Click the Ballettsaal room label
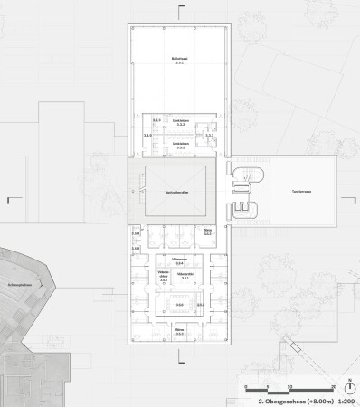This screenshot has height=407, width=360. point(179,58)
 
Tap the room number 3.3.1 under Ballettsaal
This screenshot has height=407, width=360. point(179,63)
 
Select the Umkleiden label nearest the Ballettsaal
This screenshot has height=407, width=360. point(179,118)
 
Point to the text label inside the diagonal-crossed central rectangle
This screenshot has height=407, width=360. point(175,193)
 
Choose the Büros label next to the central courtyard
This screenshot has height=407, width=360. point(206,232)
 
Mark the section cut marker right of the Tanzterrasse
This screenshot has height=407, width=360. point(345,196)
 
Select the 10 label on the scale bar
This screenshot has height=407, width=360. point(290,385)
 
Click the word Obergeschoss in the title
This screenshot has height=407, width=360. point(279,398)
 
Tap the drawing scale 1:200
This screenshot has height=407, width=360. point(345,398)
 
